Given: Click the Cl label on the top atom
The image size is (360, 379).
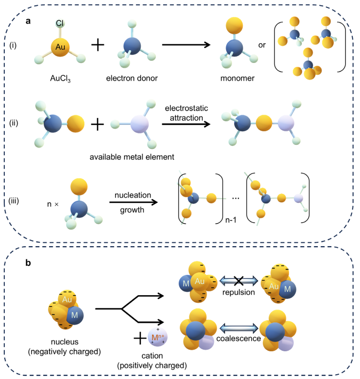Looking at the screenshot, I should pos(61,23).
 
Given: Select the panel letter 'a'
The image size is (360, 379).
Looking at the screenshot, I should pos(28,22).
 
